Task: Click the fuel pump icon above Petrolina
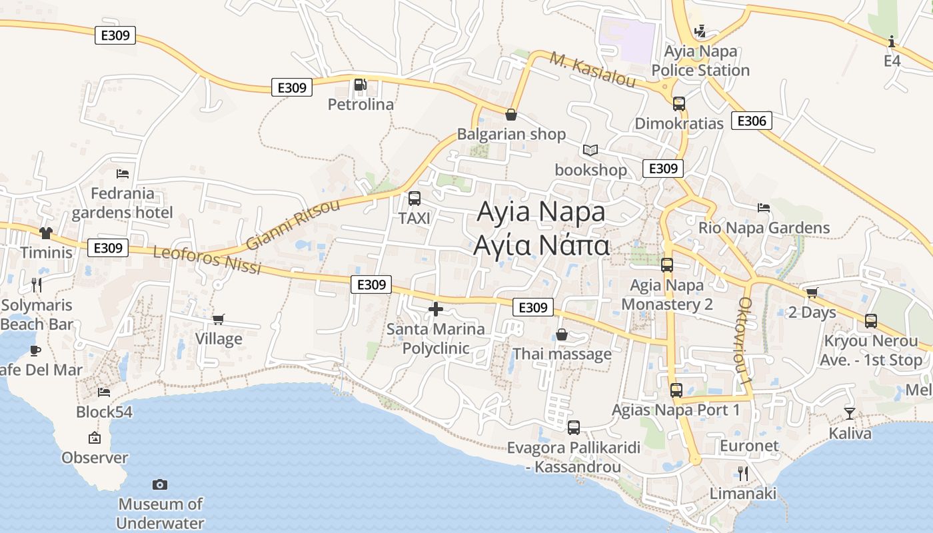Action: [x=360, y=85]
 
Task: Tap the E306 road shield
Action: [x=752, y=121]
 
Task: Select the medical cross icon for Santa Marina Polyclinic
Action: [x=436, y=309]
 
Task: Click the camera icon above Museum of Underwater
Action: [x=160, y=484]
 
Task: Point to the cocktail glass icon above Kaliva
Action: [x=850, y=414]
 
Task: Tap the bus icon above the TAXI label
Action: [x=415, y=199]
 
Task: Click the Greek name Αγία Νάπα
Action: [x=541, y=246]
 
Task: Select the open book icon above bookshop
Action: [x=590, y=150]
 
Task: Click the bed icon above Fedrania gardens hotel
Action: [x=123, y=174]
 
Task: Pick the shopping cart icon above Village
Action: [x=219, y=319]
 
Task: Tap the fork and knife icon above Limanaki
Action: [x=743, y=474]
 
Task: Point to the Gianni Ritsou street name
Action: [x=293, y=225]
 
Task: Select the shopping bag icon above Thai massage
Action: [x=562, y=334]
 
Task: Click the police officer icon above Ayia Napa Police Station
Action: [x=700, y=31]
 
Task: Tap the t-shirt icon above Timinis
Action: [x=45, y=233]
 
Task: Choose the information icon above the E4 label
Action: [x=892, y=42]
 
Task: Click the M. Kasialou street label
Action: [x=592, y=69]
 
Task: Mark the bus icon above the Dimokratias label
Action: [x=679, y=104]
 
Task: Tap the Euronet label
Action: [x=749, y=446]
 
